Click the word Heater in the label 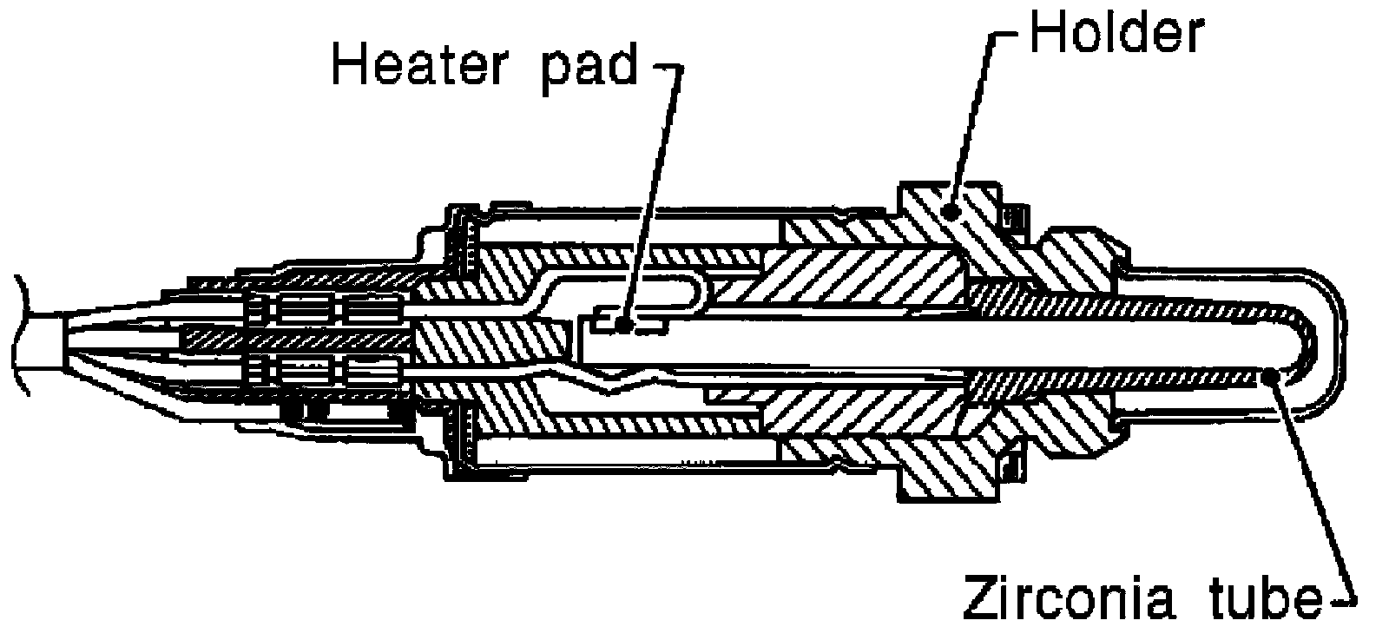point(418,65)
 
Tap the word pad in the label point(589,69)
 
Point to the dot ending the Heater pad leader point(625,324)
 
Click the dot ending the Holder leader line point(950,212)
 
